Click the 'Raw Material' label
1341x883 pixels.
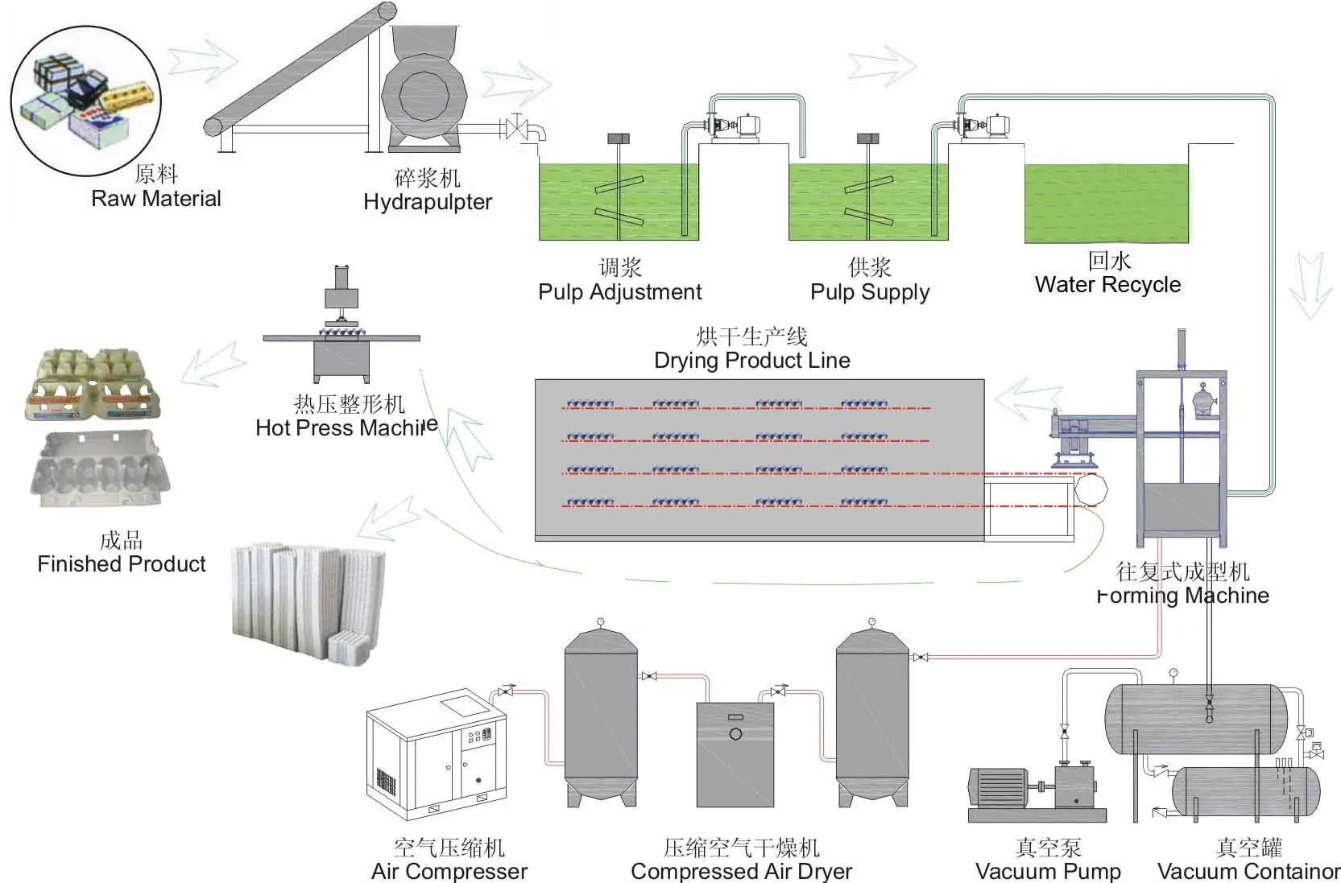coord(156,199)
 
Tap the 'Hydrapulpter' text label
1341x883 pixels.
coord(428,202)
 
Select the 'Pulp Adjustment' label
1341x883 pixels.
coord(619,292)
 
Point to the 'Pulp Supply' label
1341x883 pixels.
coord(870,292)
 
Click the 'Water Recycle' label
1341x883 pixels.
coord(1107,285)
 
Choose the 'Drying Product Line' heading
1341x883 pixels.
coord(752,360)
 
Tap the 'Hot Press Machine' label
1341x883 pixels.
coord(346,427)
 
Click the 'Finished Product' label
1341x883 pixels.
coord(122,563)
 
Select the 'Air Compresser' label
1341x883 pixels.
coord(449,871)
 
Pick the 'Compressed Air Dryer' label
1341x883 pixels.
coord(741,871)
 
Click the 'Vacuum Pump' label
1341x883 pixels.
coord(1048,871)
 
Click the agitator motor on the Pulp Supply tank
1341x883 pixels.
coord(868,138)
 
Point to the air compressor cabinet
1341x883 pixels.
coord(437,755)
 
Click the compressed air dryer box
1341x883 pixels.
coord(735,754)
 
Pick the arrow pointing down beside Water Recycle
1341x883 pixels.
coord(1310,285)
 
